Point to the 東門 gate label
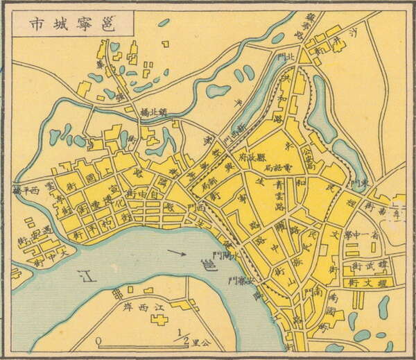click(358, 183)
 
